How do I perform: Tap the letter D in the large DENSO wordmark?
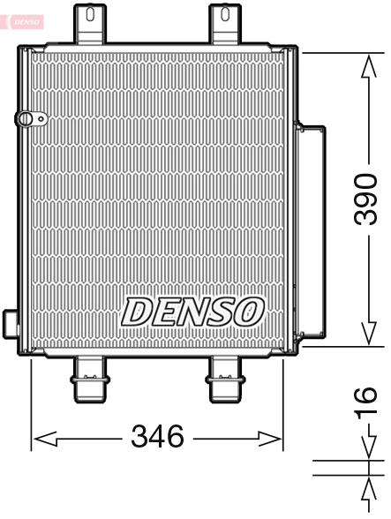point(138,312)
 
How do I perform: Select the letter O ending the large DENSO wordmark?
point(248,310)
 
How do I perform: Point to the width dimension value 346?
point(157,435)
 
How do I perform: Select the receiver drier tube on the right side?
point(313,234)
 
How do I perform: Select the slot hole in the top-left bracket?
point(89,14)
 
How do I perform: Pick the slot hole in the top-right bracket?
point(225,14)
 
